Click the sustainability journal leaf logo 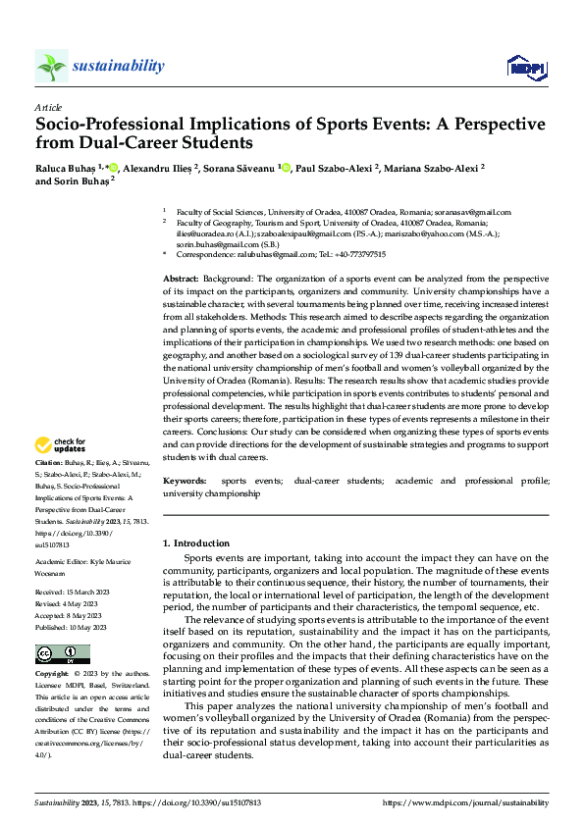(51, 66)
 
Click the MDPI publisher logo (523, 66)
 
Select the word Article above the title (48, 107)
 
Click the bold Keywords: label (185, 482)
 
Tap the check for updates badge (61, 444)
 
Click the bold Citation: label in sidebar (50, 461)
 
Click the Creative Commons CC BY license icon (62, 654)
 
